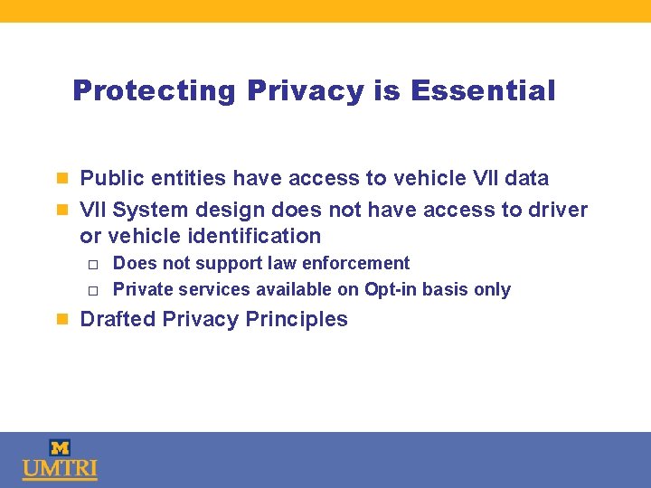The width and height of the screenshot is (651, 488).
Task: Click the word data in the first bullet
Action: (x=526, y=178)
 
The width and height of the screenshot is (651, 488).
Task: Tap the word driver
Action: (x=557, y=210)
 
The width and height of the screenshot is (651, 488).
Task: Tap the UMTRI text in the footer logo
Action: (x=60, y=470)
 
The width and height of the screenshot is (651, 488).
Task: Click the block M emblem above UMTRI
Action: (x=60, y=447)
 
